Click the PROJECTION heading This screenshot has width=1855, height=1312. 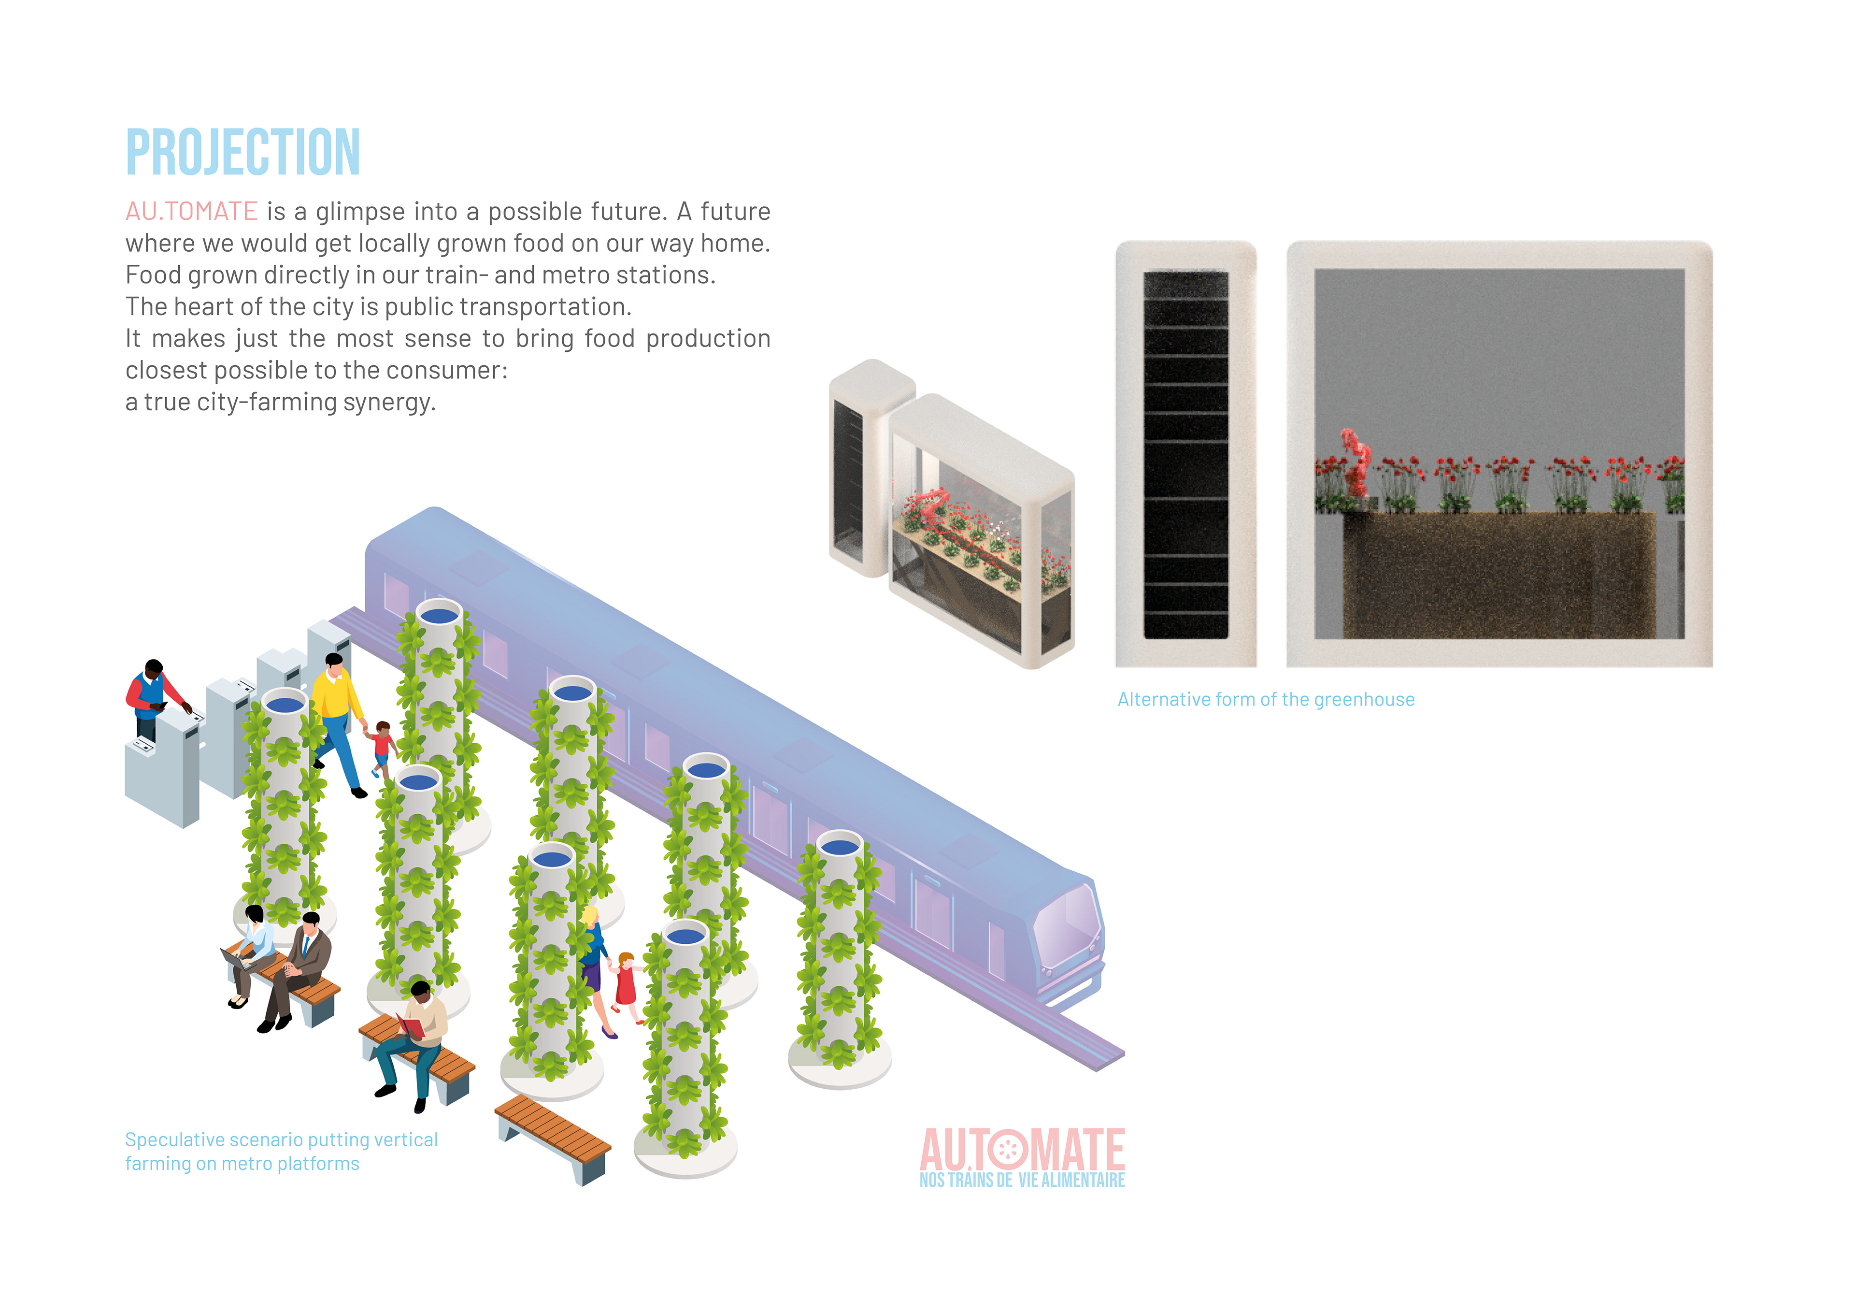pos(243,152)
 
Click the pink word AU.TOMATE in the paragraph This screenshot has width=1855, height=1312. pos(191,212)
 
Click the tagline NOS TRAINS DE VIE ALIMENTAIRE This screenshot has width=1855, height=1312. pos(1022,1180)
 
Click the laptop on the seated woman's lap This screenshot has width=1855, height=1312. pos(239,960)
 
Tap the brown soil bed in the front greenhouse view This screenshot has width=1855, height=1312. pos(1498,574)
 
